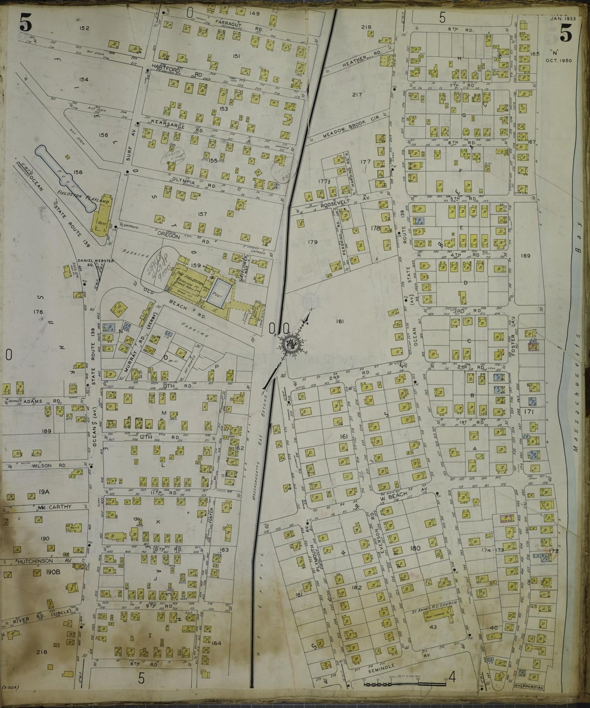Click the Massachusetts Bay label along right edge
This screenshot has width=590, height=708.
pos(576,367)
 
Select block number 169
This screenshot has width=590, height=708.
pos(525,256)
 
